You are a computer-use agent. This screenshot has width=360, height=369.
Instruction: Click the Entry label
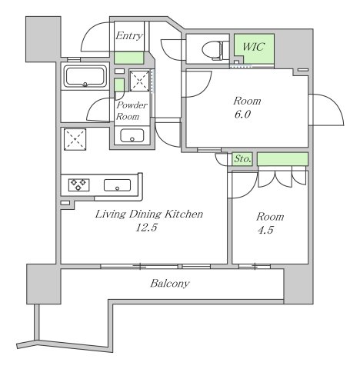click(129, 36)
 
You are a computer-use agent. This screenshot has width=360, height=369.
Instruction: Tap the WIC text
click(254, 47)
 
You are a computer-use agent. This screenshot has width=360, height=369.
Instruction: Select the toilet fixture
click(212, 49)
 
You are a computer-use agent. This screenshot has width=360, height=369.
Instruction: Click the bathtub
click(85, 77)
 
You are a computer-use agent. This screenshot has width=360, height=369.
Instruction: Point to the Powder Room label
click(132, 111)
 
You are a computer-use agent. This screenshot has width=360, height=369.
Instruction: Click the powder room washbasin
click(132, 135)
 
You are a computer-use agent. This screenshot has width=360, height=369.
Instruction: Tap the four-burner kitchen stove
click(78, 184)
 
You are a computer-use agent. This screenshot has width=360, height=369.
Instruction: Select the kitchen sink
click(117, 185)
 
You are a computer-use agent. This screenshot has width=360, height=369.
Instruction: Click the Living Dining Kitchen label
click(149, 214)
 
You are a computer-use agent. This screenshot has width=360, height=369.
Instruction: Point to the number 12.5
click(146, 228)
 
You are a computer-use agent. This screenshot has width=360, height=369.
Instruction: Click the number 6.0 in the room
click(242, 114)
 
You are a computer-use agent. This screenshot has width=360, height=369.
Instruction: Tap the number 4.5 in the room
click(265, 230)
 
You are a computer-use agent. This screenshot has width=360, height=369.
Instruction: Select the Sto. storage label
click(242, 159)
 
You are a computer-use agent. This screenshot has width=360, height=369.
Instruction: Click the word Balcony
click(170, 284)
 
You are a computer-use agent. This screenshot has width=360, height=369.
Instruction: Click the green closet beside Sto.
click(282, 159)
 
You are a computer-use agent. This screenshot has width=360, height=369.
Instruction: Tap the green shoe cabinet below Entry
click(128, 58)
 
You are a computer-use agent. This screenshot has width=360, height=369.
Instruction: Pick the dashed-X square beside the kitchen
click(75, 139)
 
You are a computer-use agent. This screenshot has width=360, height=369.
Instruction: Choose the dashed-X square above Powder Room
click(139, 81)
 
